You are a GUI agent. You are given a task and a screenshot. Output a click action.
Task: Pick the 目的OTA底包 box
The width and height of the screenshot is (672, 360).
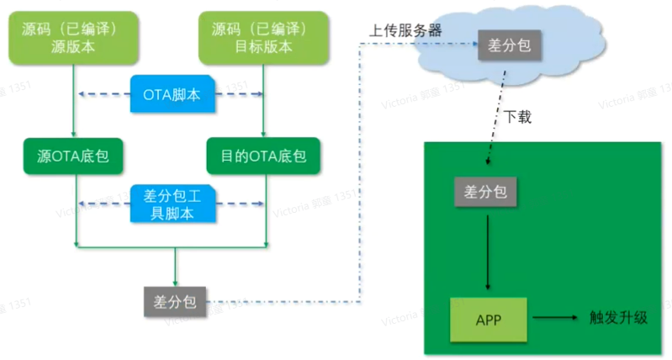[263, 156]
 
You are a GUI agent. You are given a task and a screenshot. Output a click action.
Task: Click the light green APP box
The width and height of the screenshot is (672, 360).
[489, 319]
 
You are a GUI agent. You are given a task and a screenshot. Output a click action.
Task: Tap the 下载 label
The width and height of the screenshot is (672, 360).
[518, 116]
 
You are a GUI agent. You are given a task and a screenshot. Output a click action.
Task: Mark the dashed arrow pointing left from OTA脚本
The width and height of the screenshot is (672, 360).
[104, 95]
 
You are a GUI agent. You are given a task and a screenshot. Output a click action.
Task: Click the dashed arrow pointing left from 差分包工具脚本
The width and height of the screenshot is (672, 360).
[104, 204]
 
